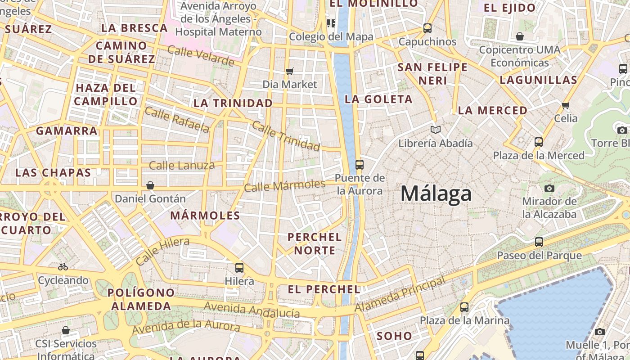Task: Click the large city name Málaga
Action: click(436, 193)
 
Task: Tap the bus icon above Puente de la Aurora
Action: click(359, 165)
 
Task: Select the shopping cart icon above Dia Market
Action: click(290, 71)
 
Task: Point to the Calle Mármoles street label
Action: click(284, 185)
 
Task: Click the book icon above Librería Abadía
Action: click(435, 130)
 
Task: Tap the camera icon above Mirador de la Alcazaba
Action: click(549, 188)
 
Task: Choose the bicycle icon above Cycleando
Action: click(63, 267)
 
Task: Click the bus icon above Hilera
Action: click(239, 268)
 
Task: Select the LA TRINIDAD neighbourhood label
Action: click(233, 103)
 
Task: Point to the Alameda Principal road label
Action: click(400, 294)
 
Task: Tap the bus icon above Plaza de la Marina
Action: click(464, 308)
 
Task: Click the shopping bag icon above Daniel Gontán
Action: click(150, 185)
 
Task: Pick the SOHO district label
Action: click(394, 336)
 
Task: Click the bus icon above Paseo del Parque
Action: click(539, 242)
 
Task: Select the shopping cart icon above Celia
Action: click(566, 105)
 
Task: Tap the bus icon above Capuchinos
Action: click(427, 28)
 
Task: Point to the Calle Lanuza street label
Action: click(182, 165)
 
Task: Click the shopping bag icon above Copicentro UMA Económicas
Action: click(520, 36)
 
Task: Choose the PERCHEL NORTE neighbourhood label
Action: click(315, 243)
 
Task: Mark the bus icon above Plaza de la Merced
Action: click(538, 142)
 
